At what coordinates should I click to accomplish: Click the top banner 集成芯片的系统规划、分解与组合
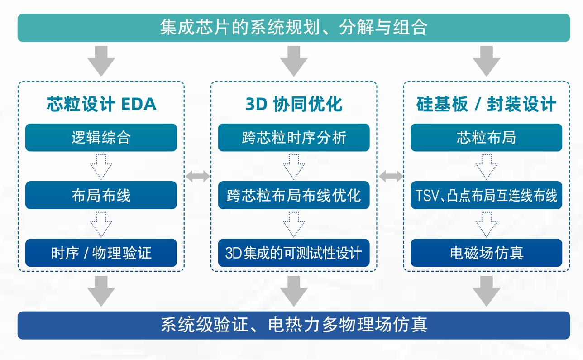point(294,28)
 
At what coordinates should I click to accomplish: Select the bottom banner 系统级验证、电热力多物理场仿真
point(294,325)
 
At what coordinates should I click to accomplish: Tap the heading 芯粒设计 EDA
point(101,104)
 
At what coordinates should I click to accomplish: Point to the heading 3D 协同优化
point(294,104)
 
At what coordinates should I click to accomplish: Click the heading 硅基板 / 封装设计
point(486,104)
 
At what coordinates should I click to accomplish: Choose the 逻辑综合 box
point(101,138)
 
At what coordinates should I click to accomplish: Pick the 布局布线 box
point(101,195)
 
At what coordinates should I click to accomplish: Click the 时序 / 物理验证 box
point(101,253)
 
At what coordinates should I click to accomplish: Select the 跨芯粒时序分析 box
point(294,138)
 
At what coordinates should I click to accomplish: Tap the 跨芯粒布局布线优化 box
point(294,195)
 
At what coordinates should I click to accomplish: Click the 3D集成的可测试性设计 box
point(294,253)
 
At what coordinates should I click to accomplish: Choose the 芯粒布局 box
point(487,138)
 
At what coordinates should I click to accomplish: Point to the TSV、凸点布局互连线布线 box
point(487,195)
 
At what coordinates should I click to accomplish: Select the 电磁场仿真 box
point(487,253)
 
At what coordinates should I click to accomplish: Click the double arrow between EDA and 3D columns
point(198,177)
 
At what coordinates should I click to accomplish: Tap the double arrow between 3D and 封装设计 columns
point(391,177)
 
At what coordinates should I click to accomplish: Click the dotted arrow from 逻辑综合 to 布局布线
point(101,167)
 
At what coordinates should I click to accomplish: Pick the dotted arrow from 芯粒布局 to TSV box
point(487,167)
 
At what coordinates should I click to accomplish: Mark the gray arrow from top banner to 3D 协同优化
point(294,61)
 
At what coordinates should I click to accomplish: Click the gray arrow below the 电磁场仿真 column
point(487,291)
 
